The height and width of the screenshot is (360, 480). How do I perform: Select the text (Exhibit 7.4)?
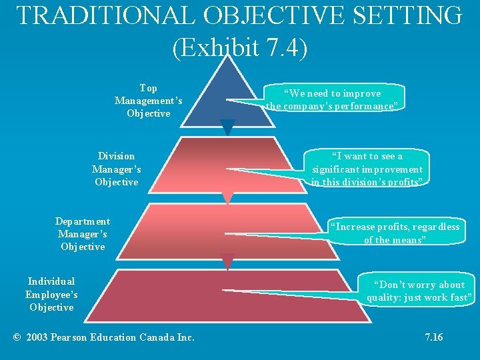click(240, 48)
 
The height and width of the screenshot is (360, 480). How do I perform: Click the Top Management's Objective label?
click(149, 101)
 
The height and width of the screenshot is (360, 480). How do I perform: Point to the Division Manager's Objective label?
click(117, 169)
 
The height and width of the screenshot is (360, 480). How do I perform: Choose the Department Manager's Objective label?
click(83, 234)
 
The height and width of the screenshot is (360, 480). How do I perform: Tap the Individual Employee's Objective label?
click(51, 294)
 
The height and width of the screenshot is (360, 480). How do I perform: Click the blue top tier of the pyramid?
click(227, 97)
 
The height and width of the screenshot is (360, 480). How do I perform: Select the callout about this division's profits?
click(367, 169)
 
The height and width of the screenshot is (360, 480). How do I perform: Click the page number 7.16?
click(434, 337)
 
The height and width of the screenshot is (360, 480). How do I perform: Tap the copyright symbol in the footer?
click(17, 337)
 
